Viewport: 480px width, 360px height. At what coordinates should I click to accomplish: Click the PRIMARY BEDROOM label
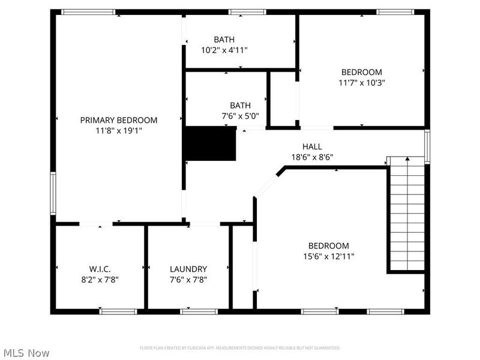click(119, 120)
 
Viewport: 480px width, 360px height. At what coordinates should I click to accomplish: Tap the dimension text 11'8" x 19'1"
click(119, 130)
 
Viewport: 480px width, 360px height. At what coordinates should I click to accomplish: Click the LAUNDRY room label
click(188, 269)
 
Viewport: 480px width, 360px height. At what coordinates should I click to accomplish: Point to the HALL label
click(312, 146)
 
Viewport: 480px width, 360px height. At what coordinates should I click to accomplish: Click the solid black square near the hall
click(210, 144)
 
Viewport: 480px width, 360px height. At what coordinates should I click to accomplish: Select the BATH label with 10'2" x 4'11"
click(224, 40)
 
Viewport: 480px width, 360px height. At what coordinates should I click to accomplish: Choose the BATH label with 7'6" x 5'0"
click(240, 105)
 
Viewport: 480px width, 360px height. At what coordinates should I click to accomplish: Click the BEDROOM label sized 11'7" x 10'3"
click(362, 73)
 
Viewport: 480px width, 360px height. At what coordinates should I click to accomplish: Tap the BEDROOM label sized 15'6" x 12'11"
click(328, 245)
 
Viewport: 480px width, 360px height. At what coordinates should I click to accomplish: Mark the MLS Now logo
click(26, 353)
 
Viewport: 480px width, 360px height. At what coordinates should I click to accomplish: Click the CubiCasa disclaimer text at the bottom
click(240, 348)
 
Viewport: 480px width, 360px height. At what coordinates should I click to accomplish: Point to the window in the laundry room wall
click(199, 311)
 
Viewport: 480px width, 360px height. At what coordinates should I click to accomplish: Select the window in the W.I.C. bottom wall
click(118, 311)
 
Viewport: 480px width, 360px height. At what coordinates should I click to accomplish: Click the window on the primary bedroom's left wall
click(53, 193)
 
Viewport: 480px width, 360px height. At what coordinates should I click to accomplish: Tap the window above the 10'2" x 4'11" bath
click(248, 11)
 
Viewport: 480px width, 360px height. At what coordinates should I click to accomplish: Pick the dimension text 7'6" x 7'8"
click(188, 279)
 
